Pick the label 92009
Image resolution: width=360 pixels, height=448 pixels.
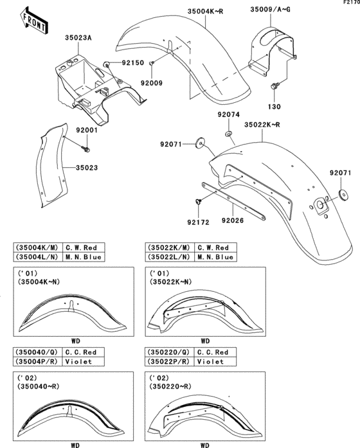[x=152, y=83]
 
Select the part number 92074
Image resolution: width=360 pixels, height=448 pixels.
[x=228, y=114]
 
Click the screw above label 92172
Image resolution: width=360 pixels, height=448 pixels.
[x=199, y=201]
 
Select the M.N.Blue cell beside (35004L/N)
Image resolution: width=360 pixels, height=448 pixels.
[x=86, y=257]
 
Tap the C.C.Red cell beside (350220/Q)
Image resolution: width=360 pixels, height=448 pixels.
[x=213, y=352]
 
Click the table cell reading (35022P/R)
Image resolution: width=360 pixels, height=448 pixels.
[x=170, y=362]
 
